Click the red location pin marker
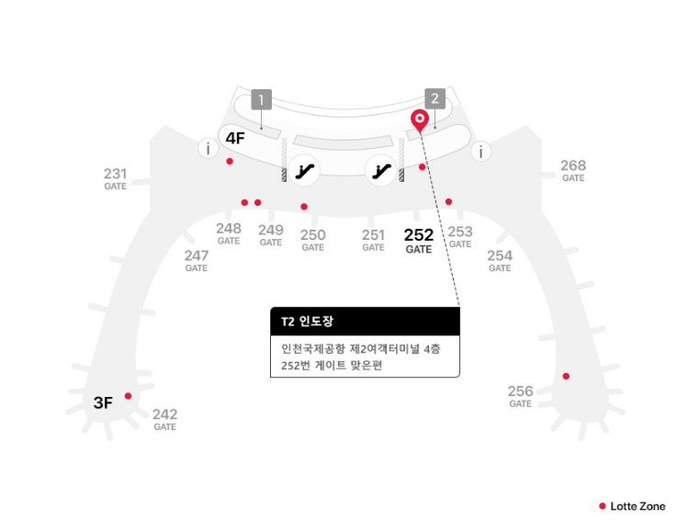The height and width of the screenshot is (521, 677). pos(420,119)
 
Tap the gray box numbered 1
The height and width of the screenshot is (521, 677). pos(262,99)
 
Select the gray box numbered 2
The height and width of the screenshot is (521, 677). pos(434,99)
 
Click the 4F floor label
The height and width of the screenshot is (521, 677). pos(235,139)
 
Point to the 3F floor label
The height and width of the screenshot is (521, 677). pos(103,402)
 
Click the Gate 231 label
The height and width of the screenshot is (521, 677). pos(115,177)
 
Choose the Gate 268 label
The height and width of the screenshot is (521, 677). pos(573,170)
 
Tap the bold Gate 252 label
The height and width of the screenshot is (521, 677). pos(418,241)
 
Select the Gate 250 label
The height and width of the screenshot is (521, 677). pos(312,240)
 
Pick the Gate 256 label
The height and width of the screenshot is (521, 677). pos(520,396)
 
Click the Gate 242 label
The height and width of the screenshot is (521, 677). pos(164,419)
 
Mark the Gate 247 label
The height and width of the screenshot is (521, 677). pos(196,261)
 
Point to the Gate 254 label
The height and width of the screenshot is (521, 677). pos(500,261)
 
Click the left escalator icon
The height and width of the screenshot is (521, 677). pos(304,169)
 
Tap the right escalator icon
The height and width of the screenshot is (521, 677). pos(379,169)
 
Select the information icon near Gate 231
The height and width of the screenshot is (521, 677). pos(209,148)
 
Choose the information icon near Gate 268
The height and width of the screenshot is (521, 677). pos(480,152)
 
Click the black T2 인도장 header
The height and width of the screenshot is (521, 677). pos(365,322)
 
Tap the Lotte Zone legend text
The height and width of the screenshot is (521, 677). pos(638,506)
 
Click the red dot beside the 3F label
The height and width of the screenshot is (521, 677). pos(128,396)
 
